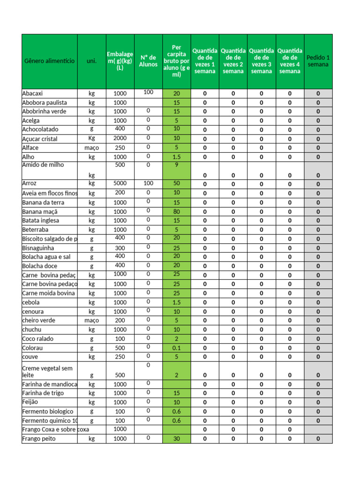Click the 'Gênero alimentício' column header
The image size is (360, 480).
tap(49, 61)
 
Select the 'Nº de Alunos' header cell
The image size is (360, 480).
tap(148, 61)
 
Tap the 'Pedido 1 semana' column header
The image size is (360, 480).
tap(318, 61)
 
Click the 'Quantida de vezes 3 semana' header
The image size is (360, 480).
tap(262, 61)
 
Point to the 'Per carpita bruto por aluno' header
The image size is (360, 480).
tap(176, 61)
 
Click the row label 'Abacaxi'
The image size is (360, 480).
tap(33, 93)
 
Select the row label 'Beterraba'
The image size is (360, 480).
tap(35, 230)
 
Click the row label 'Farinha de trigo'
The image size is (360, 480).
tap(43, 393)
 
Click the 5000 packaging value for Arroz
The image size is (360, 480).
tap(120, 183)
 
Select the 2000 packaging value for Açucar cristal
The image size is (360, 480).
tap(120, 138)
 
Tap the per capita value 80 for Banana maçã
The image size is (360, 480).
tap(176, 211)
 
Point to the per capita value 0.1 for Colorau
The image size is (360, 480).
tap(176, 348)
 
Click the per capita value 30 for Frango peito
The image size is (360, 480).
tap(176, 439)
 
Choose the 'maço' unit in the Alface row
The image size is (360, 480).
tap(91, 148)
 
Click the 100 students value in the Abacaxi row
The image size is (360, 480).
tap(148, 92)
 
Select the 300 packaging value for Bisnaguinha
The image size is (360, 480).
tap(120, 248)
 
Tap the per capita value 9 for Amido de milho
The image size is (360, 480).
tap(176, 165)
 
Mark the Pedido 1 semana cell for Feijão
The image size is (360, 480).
tap(318, 402)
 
